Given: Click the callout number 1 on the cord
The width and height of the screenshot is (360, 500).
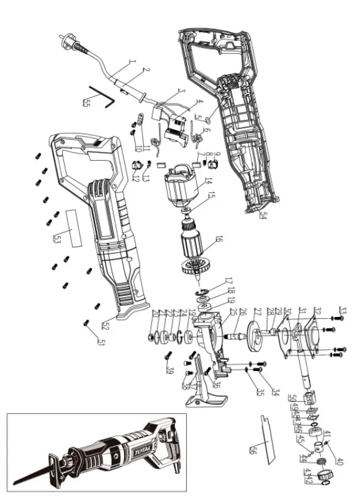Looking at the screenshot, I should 131,63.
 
